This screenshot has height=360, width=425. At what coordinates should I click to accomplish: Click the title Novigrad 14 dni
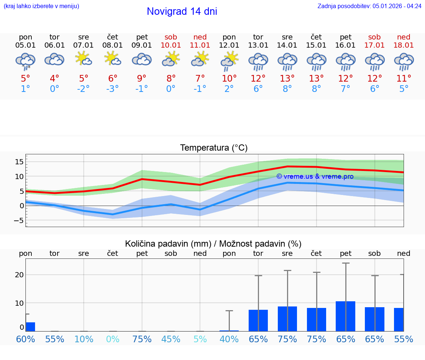[x=182, y=11]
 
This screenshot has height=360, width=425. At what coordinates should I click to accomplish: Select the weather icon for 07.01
[x=84, y=59]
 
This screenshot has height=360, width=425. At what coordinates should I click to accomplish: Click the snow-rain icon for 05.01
[x=25, y=61]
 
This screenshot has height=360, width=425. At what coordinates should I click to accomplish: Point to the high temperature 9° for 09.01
[x=142, y=78]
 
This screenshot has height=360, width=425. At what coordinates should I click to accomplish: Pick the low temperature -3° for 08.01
[x=113, y=89]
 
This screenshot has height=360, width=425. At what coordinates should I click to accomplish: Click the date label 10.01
[x=171, y=45]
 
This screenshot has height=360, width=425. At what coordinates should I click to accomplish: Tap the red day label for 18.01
[x=404, y=37]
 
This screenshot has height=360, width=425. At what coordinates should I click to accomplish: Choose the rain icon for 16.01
[x=346, y=61]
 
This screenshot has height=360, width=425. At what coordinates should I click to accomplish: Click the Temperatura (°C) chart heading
[x=214, y=148]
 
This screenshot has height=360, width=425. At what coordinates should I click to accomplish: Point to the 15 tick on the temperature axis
[x=20, y=162]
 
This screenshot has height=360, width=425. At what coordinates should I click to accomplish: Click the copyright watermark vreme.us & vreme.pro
[x=315, y=176]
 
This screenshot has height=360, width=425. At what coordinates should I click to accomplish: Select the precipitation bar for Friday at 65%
[x=345, y=316]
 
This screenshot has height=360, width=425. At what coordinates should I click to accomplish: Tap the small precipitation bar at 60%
[x=30, y=327]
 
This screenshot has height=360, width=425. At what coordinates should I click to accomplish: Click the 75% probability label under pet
[x=142, y=339]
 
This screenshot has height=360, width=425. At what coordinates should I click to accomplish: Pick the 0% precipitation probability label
[x=113, y=339]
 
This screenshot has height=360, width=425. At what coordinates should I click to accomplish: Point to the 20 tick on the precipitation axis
[x=20, y=275]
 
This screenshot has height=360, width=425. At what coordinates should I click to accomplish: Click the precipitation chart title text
[x=213, y=244]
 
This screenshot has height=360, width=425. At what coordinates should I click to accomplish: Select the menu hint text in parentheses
[x=41, y=6]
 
